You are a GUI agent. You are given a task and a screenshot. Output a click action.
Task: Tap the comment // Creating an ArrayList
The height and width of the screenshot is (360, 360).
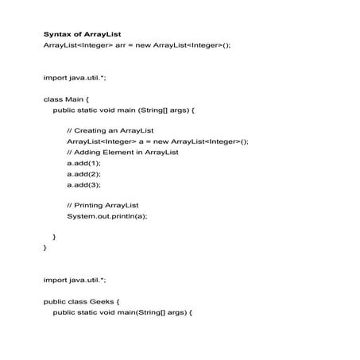[x=110, y=130]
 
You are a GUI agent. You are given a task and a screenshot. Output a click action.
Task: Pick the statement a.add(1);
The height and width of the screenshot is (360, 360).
[x=83, y=162]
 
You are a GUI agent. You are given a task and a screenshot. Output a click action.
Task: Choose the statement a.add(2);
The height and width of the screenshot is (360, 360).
[x=83, y=173]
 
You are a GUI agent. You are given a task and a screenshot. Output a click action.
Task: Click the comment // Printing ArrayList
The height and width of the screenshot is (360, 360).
[x=103, y=205]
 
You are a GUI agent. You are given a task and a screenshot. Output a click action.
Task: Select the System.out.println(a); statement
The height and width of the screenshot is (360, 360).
[x=107, y=216]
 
